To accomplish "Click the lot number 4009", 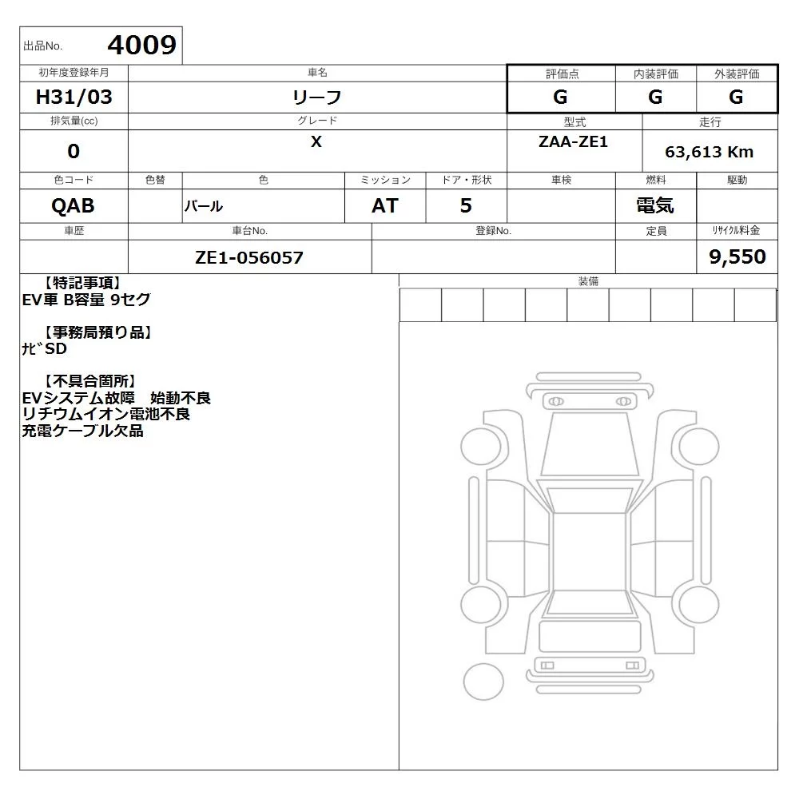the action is tap(141, 45).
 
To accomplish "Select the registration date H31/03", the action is tap(74, 97).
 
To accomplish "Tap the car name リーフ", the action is tap(316, 97).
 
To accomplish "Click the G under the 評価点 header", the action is tap(560, 97).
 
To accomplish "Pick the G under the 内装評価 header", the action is tap(655, 97).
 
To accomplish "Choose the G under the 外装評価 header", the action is tap(736, 97).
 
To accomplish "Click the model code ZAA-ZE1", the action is tap(573, 141).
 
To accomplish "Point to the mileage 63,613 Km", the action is tap(709, 152).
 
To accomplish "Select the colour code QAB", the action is tap(73, 206).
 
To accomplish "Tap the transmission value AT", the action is tap(385, 206).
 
